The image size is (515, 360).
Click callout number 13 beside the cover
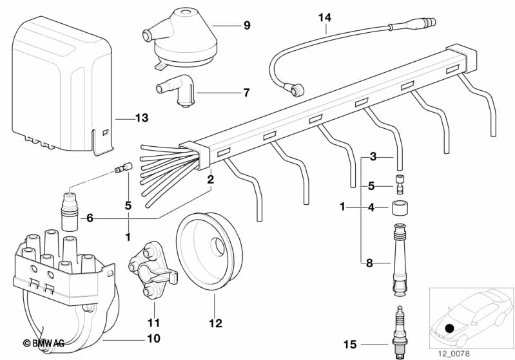pos(141,118)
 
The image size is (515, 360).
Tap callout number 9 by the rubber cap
pos(246,26)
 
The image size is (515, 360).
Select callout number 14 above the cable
pos(324,17)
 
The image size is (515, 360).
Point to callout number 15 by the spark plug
pos(349,345)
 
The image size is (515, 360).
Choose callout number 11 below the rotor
pos(152,322)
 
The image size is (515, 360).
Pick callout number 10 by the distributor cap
pos(153,337)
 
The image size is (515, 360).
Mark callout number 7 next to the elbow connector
pos(246,93)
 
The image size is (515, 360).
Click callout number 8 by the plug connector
pos(369,262)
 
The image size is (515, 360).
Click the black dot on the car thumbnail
pos(449,328)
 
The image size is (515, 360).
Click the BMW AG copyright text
pos(44,344)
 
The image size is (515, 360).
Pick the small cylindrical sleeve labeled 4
pos(399,208)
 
